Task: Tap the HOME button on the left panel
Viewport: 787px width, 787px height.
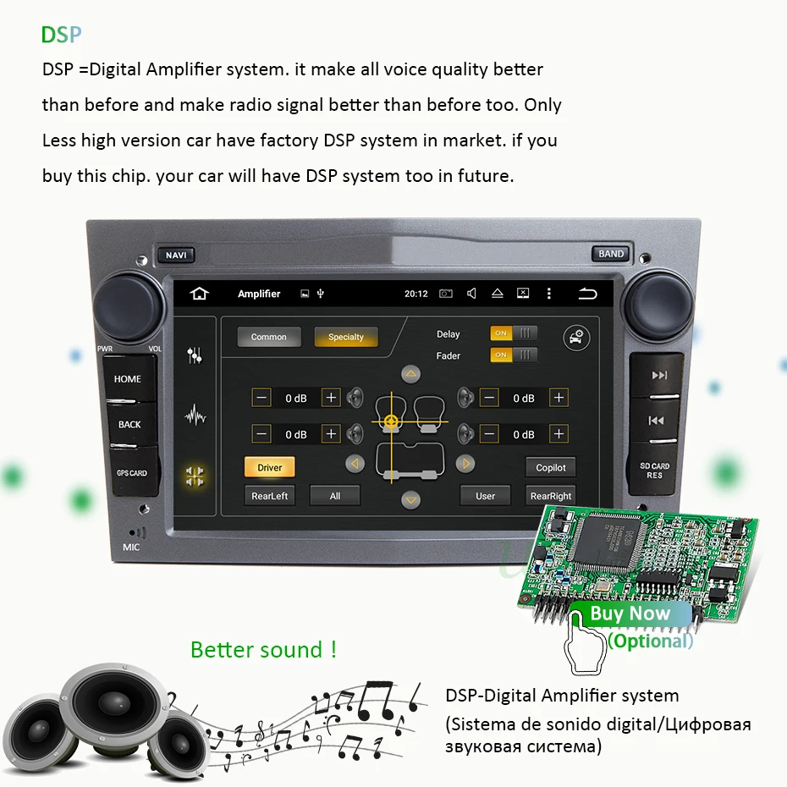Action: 128,378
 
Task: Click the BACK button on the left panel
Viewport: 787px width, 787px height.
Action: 129,424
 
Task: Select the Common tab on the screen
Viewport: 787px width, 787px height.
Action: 268,337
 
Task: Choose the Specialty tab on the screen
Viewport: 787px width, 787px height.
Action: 345,337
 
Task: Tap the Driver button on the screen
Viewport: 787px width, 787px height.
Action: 269,467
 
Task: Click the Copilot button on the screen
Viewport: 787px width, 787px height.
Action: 551,467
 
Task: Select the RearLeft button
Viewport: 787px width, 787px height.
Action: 269,496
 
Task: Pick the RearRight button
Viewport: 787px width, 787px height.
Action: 551,496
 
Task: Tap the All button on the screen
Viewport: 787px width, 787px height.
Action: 335,496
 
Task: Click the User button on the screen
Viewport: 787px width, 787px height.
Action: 485,496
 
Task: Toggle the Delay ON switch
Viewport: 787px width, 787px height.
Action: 514,333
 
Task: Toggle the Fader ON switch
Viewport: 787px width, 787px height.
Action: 514,355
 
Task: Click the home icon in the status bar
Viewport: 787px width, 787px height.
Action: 200,294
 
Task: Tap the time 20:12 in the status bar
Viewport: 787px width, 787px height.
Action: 416,294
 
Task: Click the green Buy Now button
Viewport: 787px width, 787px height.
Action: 630,614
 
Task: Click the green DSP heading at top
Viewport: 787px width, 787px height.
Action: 62,36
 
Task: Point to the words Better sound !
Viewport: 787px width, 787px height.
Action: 264,650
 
